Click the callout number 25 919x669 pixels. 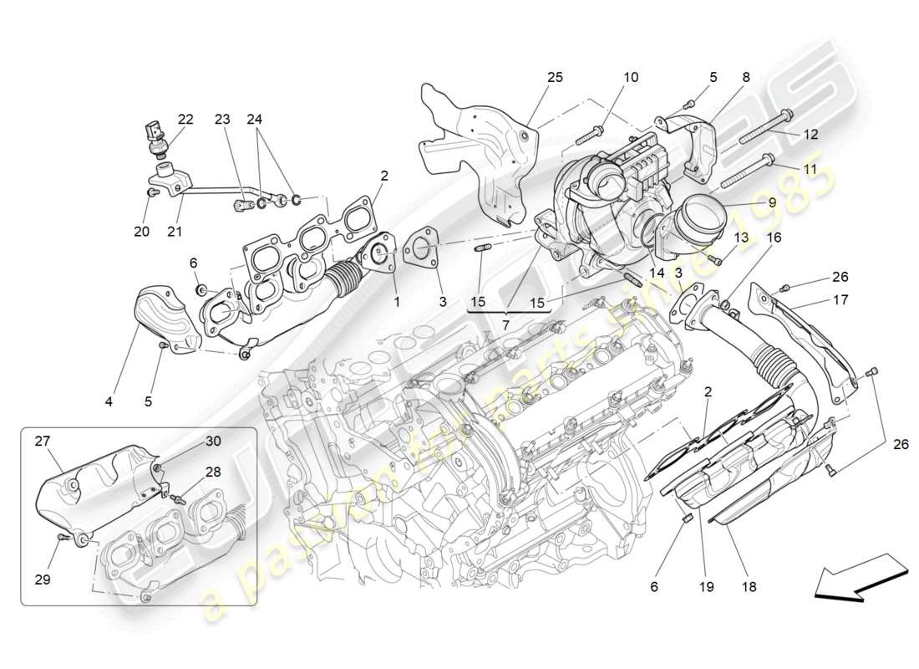[555, 77]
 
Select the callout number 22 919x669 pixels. [185, 120]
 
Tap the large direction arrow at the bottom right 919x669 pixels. [861, 580]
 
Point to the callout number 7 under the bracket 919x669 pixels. [506, 323]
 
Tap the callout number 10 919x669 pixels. [630, 77]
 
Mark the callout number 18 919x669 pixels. [748, 587]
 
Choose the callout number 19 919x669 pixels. [706, 587]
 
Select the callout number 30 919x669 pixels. [214, 441]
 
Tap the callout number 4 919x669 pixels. [109, 401]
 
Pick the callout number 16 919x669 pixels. [774, 238]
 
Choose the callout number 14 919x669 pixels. [657, 273]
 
